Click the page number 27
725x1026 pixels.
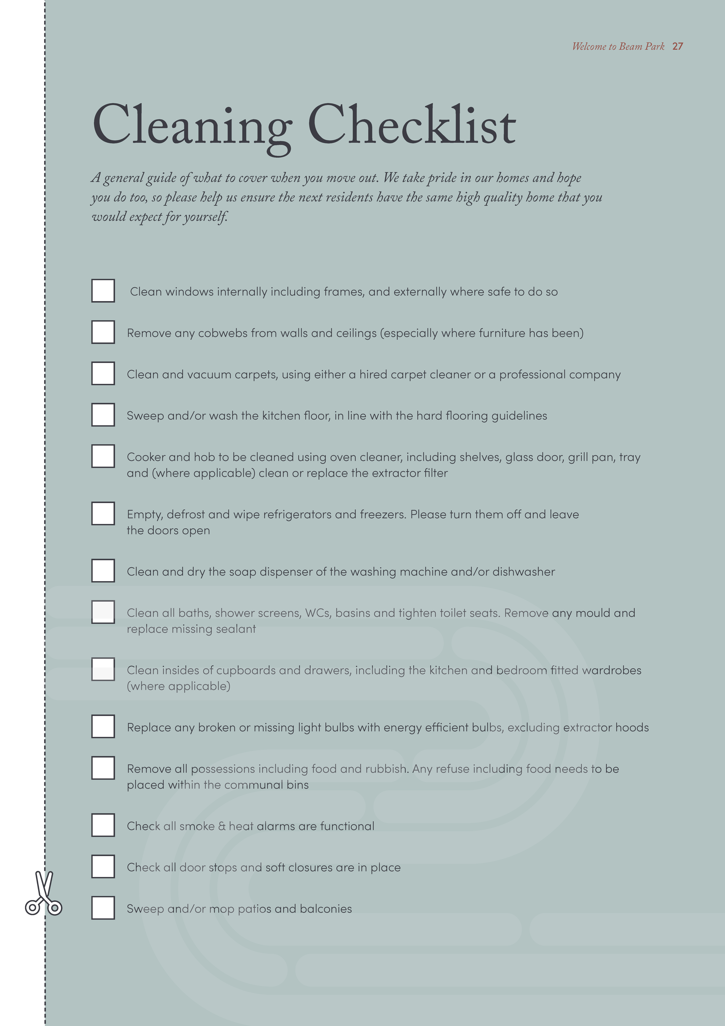coord(677,47)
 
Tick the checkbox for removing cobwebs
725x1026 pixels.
coord(103,332)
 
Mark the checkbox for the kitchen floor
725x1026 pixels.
coord(103,415)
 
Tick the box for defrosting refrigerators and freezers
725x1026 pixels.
coord(103,513)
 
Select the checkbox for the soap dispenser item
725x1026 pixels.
coord(103,571)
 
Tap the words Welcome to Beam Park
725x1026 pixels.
coord(618,47)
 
